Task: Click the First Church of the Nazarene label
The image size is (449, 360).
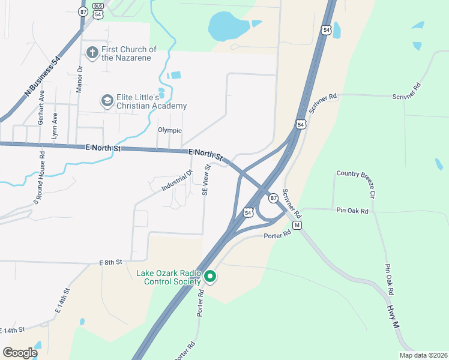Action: (128, 53)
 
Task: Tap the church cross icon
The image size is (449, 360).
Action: (92, 53)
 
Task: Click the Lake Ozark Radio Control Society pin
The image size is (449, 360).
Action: (210, 277)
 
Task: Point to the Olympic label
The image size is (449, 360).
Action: (169, 130)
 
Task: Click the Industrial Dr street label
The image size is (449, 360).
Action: (176, 181)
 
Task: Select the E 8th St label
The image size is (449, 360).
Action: (110, 262)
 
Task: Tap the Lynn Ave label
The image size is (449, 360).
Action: (55, 126)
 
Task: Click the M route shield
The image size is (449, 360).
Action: (296, 225)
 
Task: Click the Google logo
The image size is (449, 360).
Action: (20, 353)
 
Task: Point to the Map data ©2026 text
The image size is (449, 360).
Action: (423, 355)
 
